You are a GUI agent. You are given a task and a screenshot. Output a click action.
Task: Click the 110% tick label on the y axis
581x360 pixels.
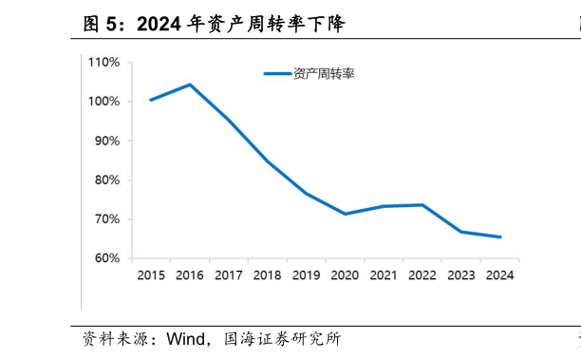click(103, 63)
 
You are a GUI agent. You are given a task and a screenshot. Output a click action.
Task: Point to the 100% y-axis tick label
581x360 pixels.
click(103, 102)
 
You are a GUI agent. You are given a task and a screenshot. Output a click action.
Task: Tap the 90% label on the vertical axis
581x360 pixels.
click(106, 141)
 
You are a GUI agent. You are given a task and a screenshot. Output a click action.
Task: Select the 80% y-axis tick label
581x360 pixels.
click(106, 180)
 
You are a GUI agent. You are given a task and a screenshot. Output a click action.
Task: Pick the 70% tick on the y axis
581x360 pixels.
click(106, 219)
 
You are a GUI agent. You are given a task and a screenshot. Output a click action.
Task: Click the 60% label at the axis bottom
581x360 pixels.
click(106, 258)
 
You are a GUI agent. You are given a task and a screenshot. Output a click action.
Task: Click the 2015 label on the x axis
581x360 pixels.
click(151, 275)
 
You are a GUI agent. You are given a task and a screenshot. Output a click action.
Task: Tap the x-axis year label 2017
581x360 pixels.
click(229, 275)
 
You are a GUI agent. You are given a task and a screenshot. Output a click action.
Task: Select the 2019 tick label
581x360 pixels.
click(306, 275)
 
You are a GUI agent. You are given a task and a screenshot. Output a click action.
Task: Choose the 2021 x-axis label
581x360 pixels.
click(384, 275)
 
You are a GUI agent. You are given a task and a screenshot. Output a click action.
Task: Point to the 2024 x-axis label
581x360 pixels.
click(499, 275)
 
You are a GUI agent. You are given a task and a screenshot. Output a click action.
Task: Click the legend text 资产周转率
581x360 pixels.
click(324, 73)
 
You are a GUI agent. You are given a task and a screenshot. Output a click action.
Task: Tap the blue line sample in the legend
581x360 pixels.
click(276, 73)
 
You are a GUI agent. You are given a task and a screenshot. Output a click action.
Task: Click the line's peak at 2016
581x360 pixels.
click(190, 85)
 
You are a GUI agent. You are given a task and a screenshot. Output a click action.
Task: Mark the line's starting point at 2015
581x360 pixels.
click(151, 100)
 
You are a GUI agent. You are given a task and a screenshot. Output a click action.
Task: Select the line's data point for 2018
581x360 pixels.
click(268, 161)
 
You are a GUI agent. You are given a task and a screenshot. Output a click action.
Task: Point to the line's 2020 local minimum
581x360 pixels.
click(345, 214)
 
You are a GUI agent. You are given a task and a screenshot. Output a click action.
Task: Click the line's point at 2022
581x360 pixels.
click(422, 205)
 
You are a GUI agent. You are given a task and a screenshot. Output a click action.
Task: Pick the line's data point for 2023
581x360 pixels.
click(461, 232)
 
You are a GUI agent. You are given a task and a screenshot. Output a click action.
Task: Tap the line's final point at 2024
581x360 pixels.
click(499, 237)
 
